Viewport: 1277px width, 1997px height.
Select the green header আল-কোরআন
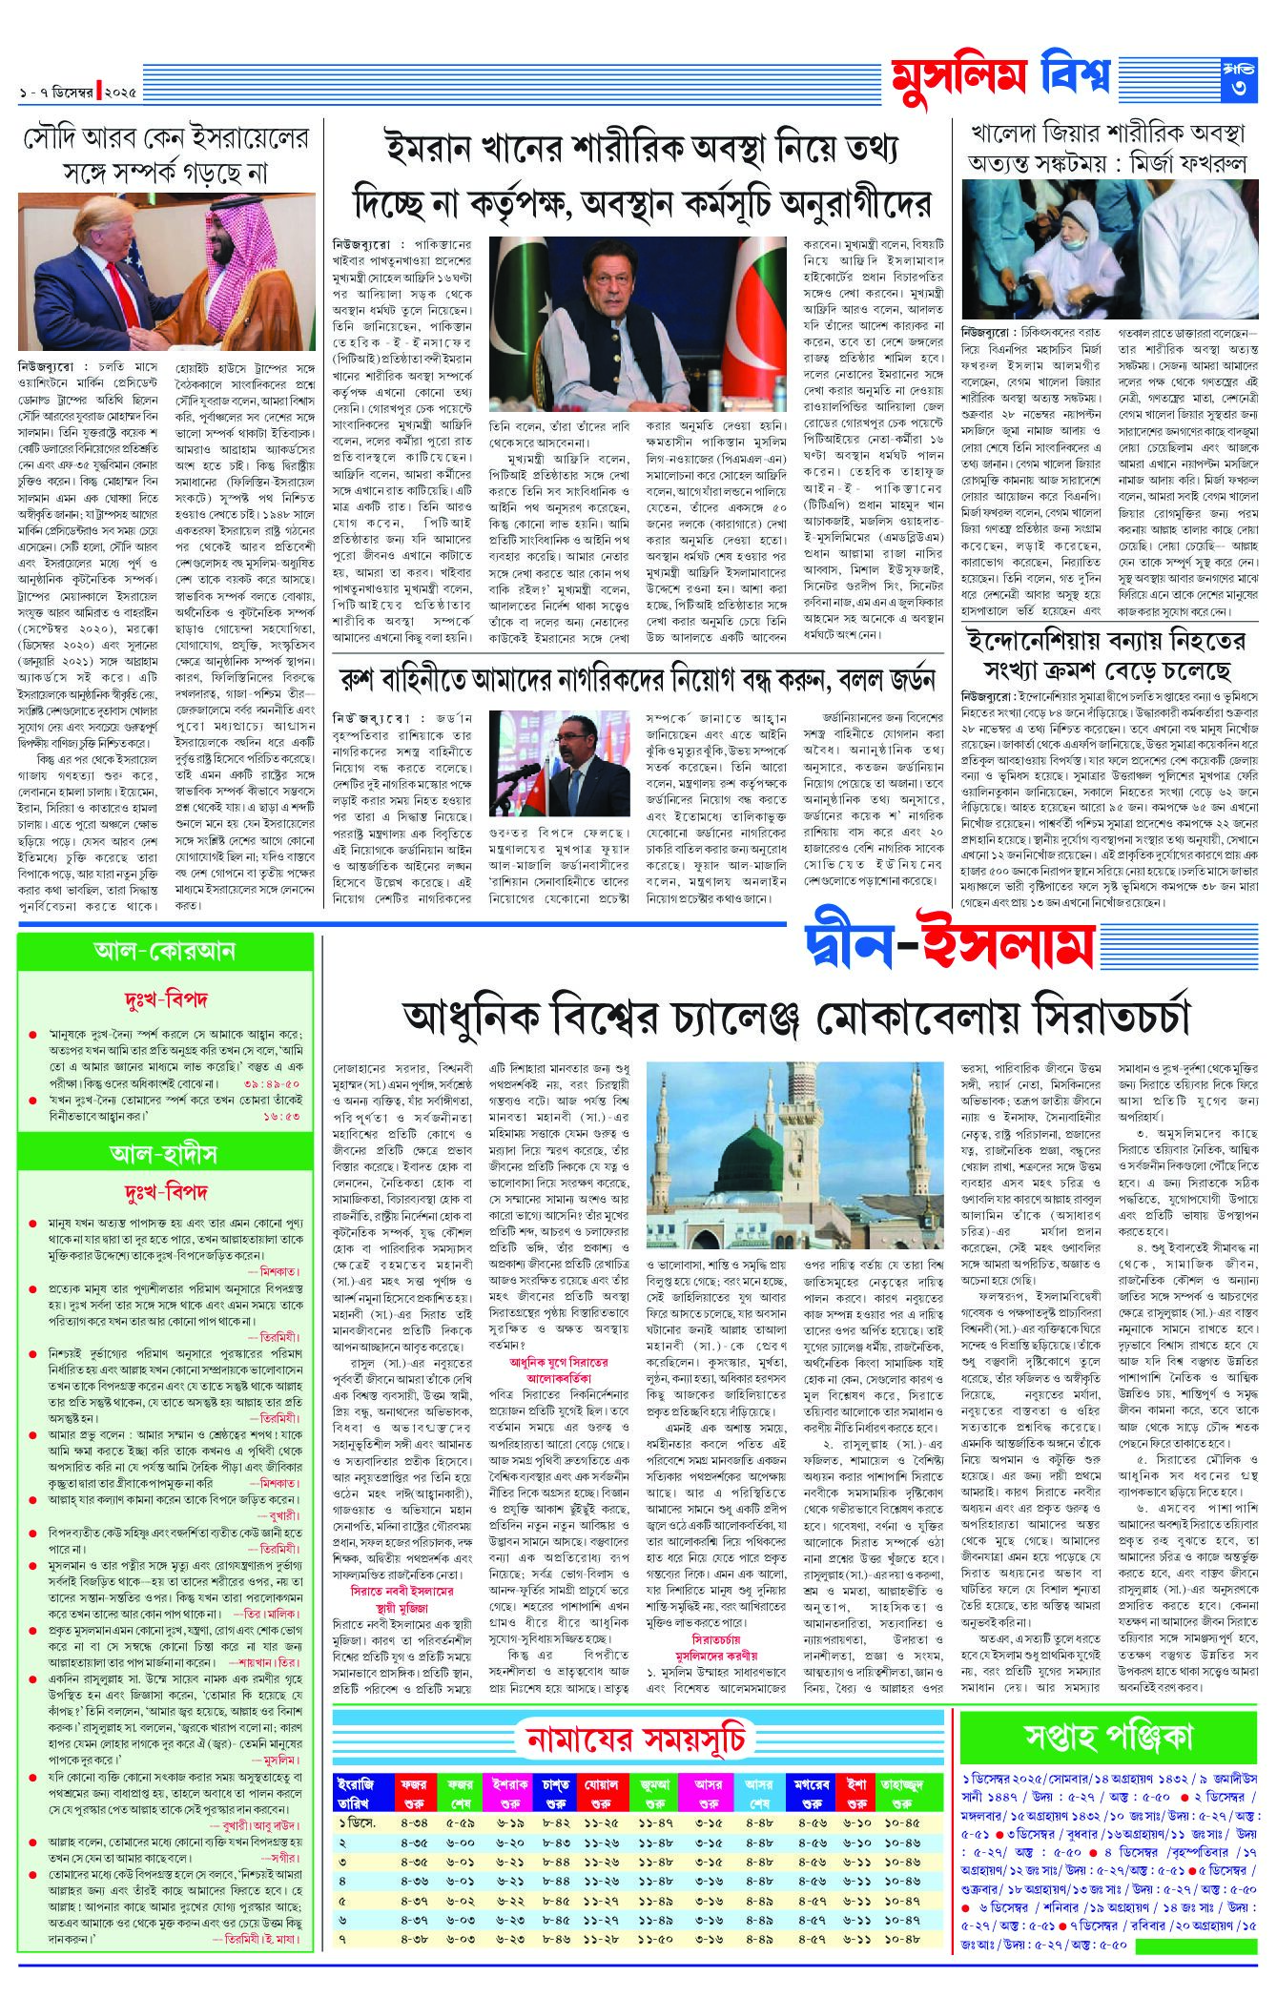[x=165, y=951]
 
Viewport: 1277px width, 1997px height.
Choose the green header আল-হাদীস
[x=165, y=1154]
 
